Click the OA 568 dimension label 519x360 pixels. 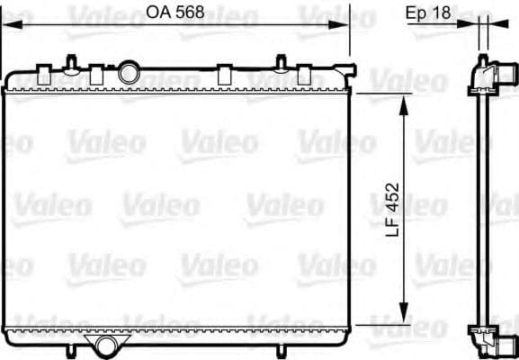175,13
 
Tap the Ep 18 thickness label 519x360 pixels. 428,13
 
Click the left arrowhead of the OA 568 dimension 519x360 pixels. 12,24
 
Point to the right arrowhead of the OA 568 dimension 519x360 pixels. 338,24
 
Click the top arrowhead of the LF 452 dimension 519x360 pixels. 403,105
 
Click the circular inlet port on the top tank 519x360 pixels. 129,72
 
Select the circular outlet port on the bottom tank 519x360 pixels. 106,346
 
